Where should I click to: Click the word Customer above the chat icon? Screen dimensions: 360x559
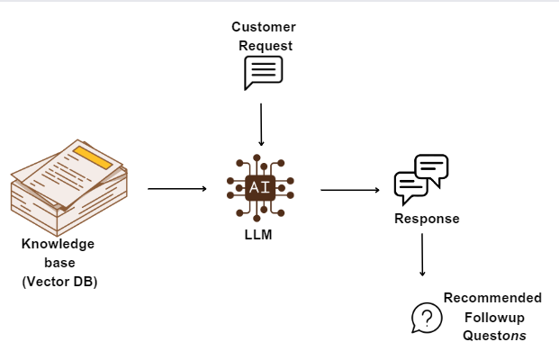tap(263, 27)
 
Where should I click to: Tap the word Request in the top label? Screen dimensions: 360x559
tap(263, 45)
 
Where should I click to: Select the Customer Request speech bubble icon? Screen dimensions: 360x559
tap(263, 73)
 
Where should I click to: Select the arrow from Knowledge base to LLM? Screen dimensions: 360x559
tap(176, 189)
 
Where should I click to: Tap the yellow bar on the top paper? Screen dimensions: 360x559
tap(95, 158)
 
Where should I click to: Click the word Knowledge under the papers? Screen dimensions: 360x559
tap(58, 244)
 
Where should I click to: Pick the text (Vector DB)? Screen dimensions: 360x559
tap(59, 281)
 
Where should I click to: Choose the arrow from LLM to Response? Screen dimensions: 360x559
tap(349, 190)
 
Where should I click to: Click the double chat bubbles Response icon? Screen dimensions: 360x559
tap(421, 178)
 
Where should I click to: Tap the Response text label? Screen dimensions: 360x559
tap(427, 219)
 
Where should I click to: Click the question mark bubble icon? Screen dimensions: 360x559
tap(427, 318)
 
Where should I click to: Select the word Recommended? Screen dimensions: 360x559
tap(492, 298)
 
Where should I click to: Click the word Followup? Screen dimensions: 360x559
tap(493, 317)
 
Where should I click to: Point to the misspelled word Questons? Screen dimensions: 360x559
tap(494, 336)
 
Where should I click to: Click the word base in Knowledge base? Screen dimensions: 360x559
tap(58, 263)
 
